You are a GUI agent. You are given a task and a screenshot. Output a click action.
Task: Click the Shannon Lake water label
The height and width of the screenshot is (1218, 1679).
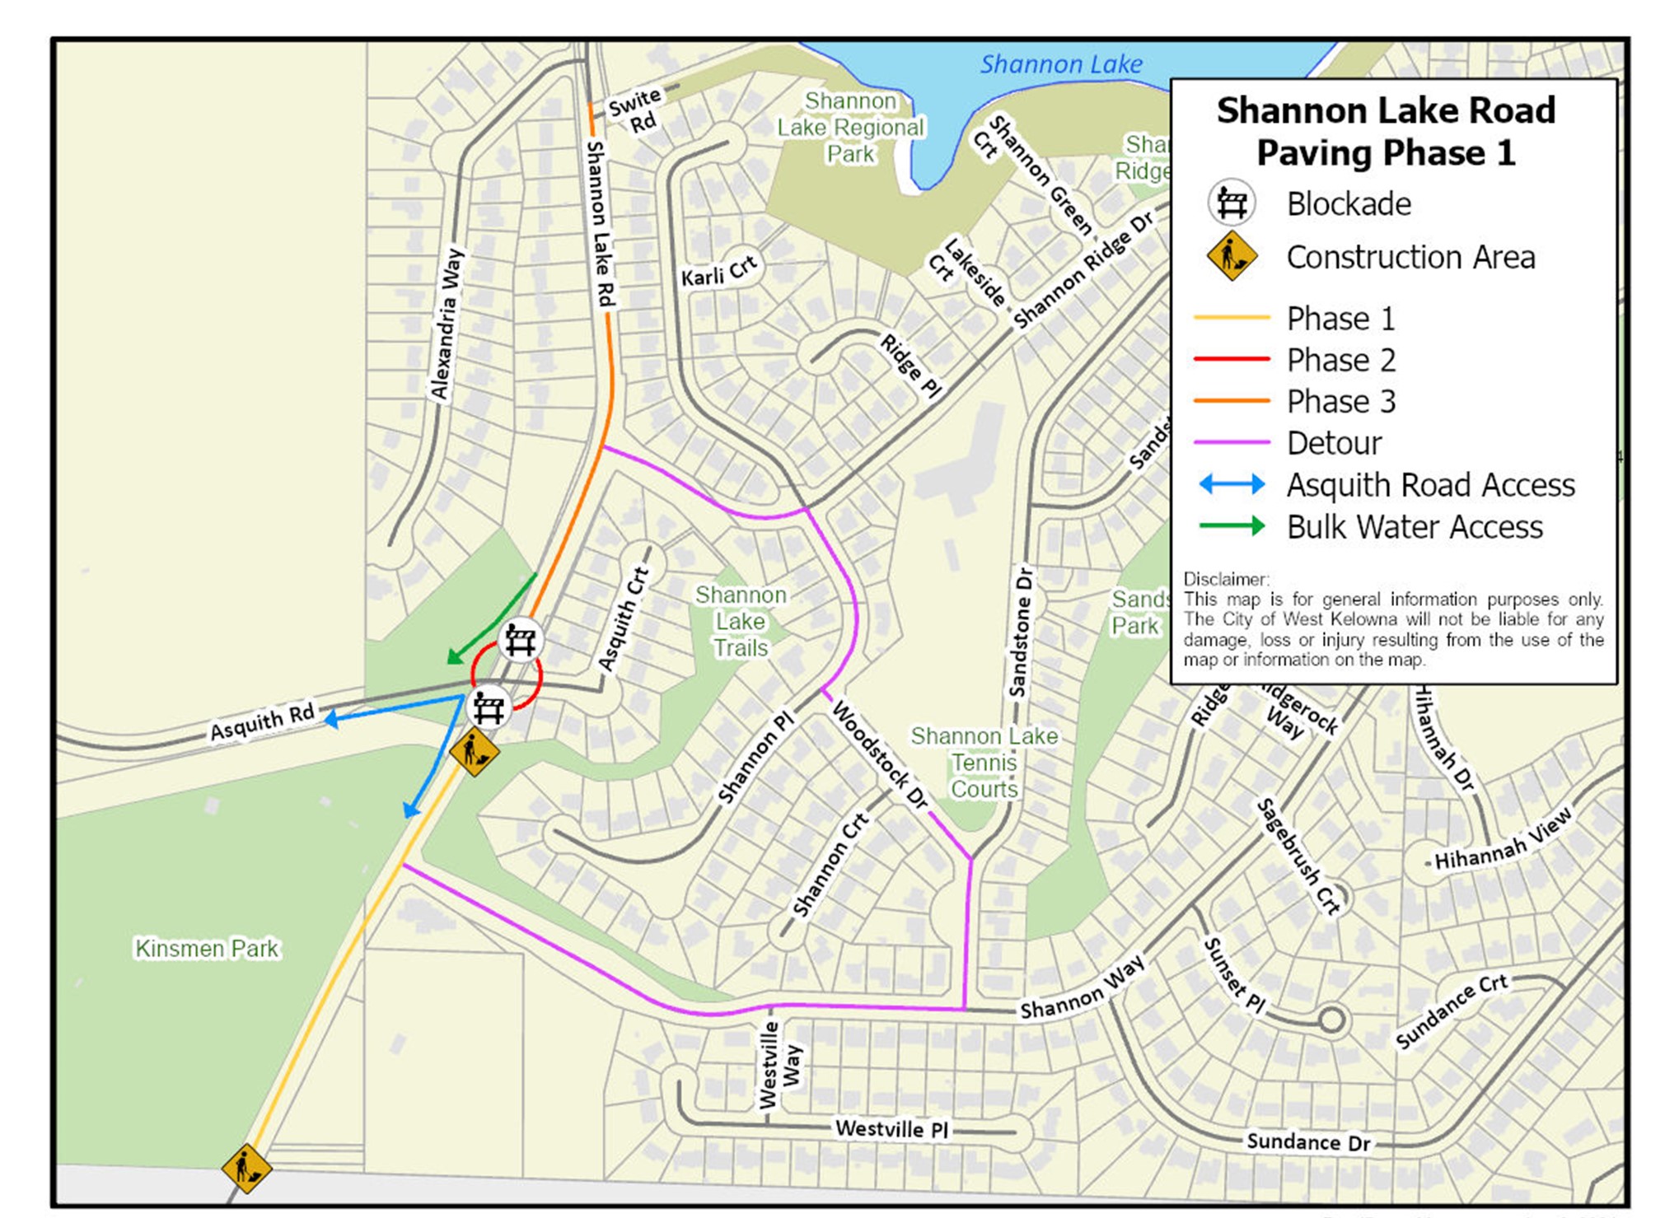[1060, 64]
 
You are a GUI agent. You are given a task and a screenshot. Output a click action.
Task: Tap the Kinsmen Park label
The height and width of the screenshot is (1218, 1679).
[207, 949]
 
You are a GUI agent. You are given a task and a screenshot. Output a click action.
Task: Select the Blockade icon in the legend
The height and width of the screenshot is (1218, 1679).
[1231, 203]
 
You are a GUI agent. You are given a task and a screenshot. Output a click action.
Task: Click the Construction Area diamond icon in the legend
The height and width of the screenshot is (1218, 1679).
[1231, 256]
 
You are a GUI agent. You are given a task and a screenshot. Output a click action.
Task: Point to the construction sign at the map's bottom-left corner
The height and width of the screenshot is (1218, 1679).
[246, 1168]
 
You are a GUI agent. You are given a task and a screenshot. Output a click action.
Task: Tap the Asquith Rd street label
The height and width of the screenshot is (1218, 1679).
[262, 721]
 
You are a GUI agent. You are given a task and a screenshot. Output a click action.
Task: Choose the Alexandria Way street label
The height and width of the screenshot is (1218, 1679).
[447, 324]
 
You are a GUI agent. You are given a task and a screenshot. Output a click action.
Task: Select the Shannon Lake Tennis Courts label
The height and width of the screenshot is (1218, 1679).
[984, 763]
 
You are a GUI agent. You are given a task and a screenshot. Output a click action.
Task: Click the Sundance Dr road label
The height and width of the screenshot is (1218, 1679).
[1307, 1141]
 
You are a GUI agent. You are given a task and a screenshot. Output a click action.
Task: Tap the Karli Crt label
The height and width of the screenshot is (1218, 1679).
[718, 272]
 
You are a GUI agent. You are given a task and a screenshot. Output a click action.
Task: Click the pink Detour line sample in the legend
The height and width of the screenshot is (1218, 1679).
[1231, 443]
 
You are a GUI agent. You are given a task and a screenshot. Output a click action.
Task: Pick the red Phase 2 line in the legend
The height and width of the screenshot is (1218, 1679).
[1231, 360]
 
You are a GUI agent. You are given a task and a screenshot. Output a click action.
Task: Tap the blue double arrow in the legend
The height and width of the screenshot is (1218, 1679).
[1231, 484]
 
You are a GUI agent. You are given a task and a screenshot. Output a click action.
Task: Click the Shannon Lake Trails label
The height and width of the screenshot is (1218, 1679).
[741, 621]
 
